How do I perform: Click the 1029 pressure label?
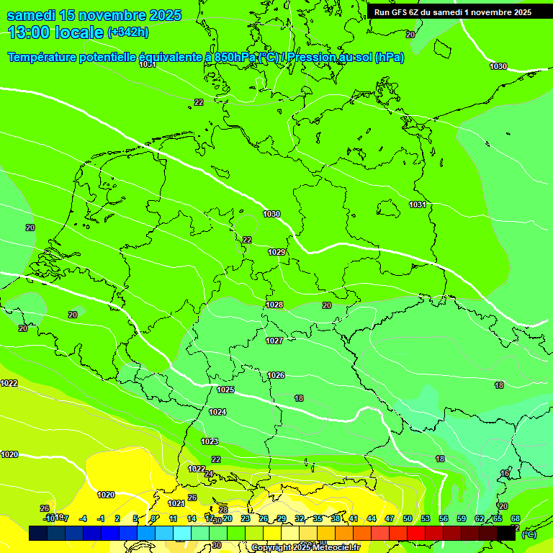[276, 252]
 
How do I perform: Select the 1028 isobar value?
[274, 305]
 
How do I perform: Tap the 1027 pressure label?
[274, 341]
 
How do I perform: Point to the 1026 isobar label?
[276, 375]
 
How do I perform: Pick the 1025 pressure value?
[225, 390]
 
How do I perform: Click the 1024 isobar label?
[217, 412]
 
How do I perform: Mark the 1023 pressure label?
[210, 441]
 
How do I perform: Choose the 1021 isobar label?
[176, 503]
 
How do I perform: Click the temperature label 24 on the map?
[209, 474]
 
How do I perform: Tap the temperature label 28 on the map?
[223, 510]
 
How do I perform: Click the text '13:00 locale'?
[56, 32]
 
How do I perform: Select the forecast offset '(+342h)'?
[128, 32]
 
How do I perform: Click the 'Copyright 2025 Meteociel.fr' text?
[305, 548]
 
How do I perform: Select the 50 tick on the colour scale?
[408, 518]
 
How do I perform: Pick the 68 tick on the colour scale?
[516, 518]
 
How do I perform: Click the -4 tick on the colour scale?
[83, 518]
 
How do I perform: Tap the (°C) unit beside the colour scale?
[529, 534]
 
